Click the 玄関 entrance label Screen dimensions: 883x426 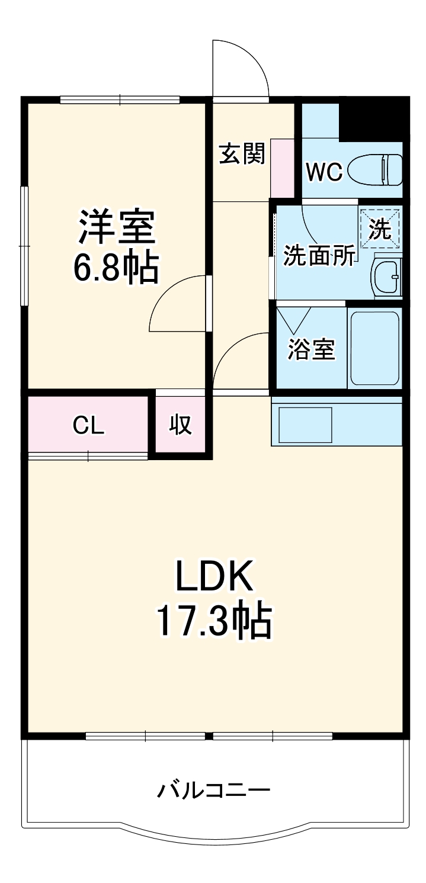[242, 155]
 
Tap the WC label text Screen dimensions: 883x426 [323, 172]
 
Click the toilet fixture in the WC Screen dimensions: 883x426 [376, 170]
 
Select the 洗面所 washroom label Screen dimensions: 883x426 [319, 255]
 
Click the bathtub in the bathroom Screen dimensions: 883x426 [374, 348]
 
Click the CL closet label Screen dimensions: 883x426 [89, 425]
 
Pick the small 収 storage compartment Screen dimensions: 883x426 [181, 425]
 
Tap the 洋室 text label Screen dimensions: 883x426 [117, 227]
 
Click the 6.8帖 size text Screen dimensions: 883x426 [116, 268]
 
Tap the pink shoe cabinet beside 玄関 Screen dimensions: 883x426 [283, 169]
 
